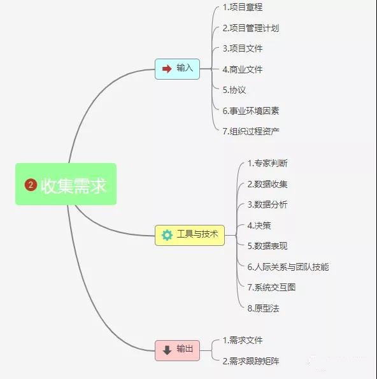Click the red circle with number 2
31,185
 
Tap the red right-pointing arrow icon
167,69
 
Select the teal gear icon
167,235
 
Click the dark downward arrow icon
167,350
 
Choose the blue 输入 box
177,69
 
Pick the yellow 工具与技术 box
190,235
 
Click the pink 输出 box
177,350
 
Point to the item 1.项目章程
243,7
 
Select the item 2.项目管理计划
251,28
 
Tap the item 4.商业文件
243,69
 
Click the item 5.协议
234,90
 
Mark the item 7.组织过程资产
251,131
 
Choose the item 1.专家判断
267,164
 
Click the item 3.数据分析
267,204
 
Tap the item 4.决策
259,225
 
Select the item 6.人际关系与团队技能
288,267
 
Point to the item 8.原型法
263,308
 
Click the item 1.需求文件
243,340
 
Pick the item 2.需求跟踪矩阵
251,361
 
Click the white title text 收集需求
73,185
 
